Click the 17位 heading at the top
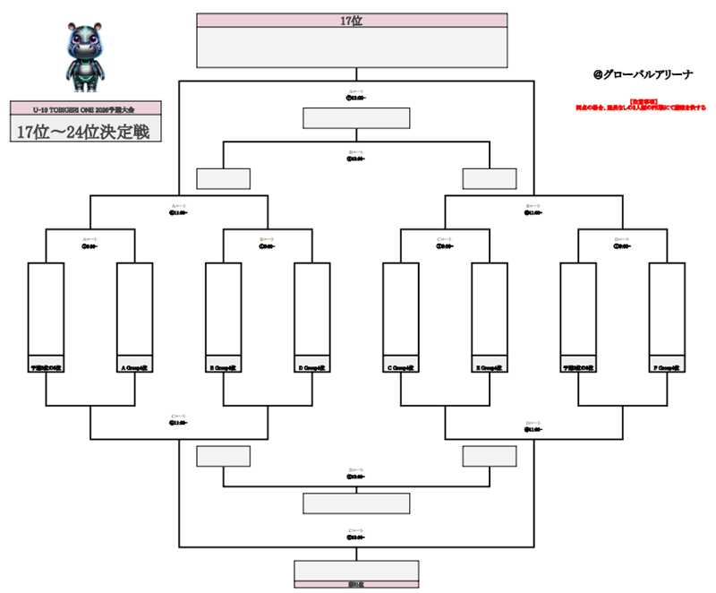point(352,21)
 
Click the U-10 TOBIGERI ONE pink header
point(84,108)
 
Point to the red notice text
point(637,106)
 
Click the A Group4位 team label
point(134,366)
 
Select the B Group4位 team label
point(223,366)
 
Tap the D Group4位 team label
point(311,366)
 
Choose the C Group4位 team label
point(400,366)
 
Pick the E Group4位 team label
point(489,366)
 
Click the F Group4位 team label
point(666,366)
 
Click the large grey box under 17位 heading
point(352,47)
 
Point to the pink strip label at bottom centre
point(356,584)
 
